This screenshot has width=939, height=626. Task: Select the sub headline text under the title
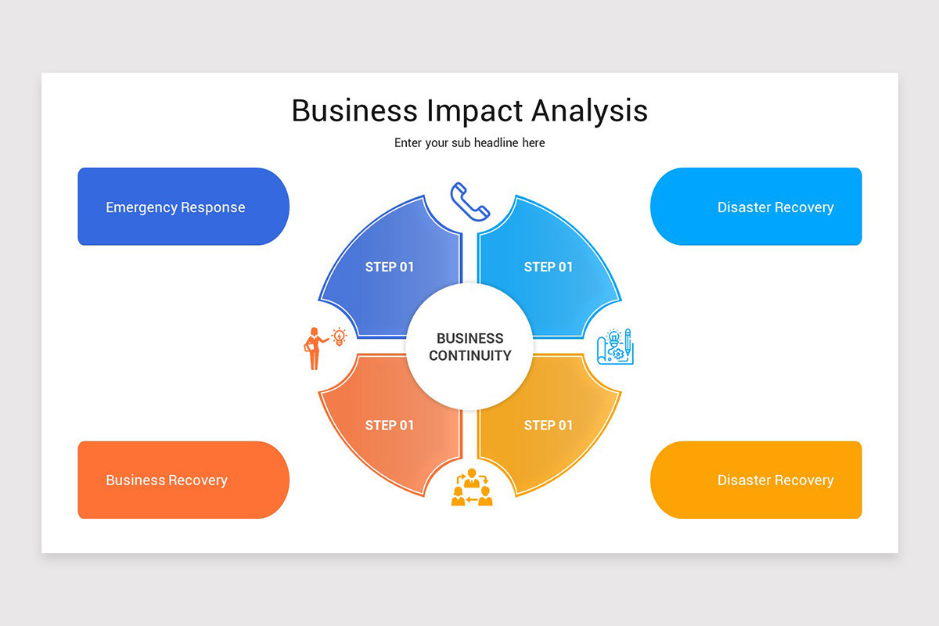469,142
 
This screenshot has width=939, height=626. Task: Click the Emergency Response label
175,207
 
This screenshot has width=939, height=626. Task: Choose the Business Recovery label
167,480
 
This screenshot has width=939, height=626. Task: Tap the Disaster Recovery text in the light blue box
775,207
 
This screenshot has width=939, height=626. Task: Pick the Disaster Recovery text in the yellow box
775,480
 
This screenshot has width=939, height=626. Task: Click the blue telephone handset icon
469,202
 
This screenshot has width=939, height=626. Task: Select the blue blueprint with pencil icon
615,347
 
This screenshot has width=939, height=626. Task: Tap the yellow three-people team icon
472,487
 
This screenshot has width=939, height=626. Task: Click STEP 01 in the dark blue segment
390,267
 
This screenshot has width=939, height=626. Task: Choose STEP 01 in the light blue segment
549,267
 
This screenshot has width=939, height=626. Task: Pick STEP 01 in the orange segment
390,426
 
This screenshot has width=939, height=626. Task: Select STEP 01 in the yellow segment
549,426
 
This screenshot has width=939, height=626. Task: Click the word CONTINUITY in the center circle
469,355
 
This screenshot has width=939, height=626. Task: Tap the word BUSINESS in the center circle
469,338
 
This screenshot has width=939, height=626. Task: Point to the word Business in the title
354,110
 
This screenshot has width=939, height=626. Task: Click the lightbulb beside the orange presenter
340,336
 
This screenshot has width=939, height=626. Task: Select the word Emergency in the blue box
141,207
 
